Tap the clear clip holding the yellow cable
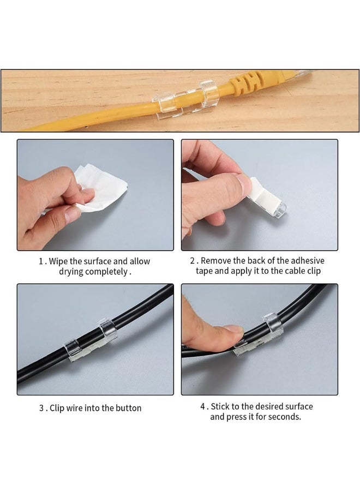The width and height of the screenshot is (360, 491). (x=185, y=100)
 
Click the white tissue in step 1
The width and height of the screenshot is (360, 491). (x=97, y=188)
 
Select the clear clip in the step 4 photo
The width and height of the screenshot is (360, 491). (x=258, y=335)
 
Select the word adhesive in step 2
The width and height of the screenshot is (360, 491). (x=308, y=261)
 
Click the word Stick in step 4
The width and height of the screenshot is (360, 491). (x=220, y=406)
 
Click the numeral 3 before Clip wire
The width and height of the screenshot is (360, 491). (x=41, y=408)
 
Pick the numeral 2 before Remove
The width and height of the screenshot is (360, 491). (x=193, y=261)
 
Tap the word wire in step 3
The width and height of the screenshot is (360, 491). (x=75, y=408)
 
